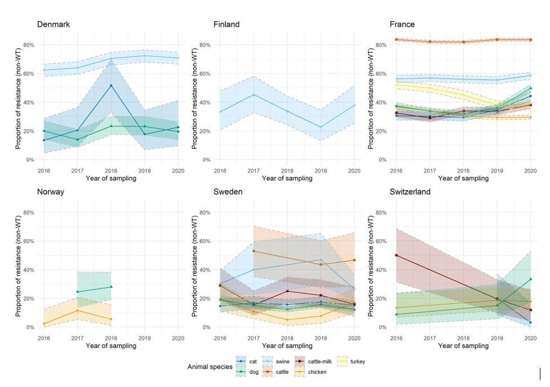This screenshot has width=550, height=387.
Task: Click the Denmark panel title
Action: [54, 24]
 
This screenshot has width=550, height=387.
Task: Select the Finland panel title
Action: [227, 24]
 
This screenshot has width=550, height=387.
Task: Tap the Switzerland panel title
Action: [410, 192]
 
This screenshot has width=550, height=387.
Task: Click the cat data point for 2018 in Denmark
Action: [111, 85]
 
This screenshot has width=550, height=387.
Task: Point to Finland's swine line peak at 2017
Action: [254, 94]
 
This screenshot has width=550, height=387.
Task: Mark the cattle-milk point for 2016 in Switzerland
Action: [397, 255]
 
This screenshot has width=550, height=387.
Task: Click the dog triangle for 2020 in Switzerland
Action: [530, 279]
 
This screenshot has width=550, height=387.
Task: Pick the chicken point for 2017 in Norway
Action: [78, 310]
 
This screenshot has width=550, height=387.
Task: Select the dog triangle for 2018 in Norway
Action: [111, 287]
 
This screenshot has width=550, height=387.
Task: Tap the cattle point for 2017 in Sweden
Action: [254, 251]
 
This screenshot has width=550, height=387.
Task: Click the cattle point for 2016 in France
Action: [397, 39]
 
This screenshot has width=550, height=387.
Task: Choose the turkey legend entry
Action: [357, 362]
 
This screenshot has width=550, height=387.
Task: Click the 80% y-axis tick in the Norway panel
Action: [29, 213]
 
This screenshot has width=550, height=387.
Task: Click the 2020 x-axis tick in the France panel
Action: [530, 170]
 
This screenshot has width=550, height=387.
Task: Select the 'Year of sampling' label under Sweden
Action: [287, 346]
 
